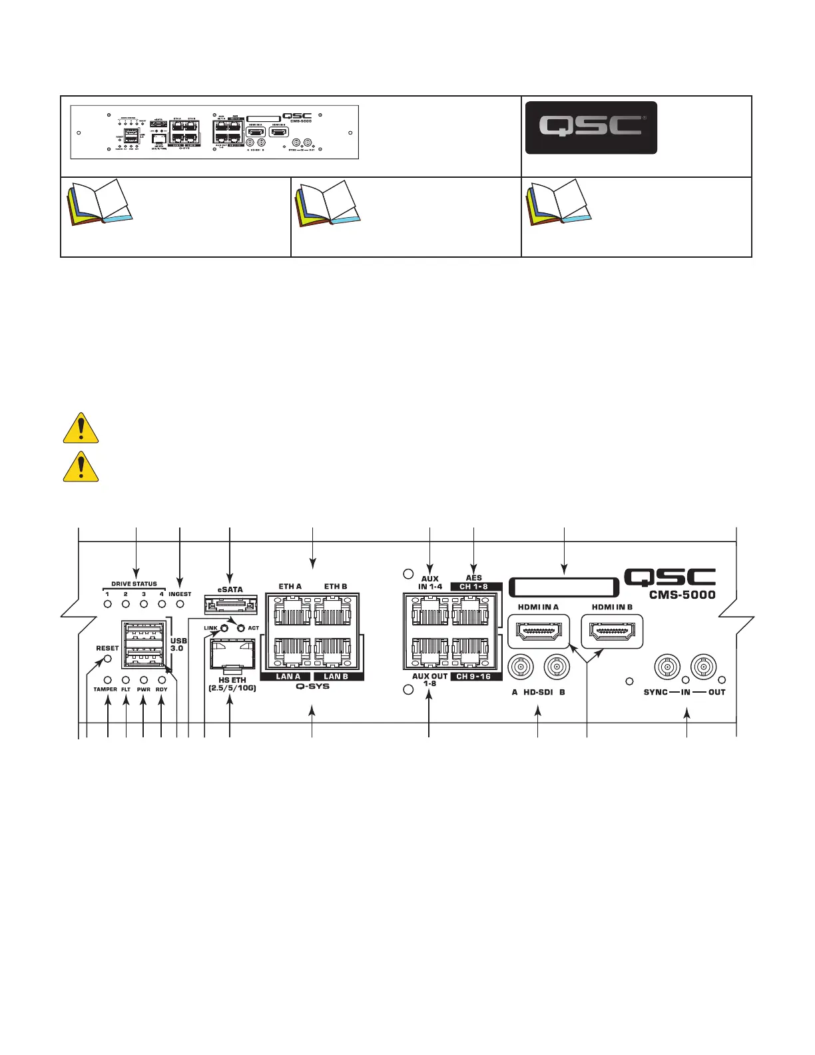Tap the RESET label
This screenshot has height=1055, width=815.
point(107,648)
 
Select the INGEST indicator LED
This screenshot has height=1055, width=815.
point(180,605)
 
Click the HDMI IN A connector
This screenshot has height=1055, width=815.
point(539,631)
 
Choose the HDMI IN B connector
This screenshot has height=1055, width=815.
point(612,631)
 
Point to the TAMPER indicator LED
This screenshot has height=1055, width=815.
point(107,680)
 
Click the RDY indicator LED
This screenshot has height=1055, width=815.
point(162,680)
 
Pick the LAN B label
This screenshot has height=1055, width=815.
point(336,677)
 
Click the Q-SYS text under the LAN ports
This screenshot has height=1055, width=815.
point(313,686)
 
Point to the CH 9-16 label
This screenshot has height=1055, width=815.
point(473,677)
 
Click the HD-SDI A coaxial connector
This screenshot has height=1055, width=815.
point(520,666)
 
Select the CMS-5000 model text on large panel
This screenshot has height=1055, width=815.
point(682,595)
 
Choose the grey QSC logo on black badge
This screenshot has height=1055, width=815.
point(591,127)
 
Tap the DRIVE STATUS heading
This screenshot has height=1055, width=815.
point(134,584)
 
